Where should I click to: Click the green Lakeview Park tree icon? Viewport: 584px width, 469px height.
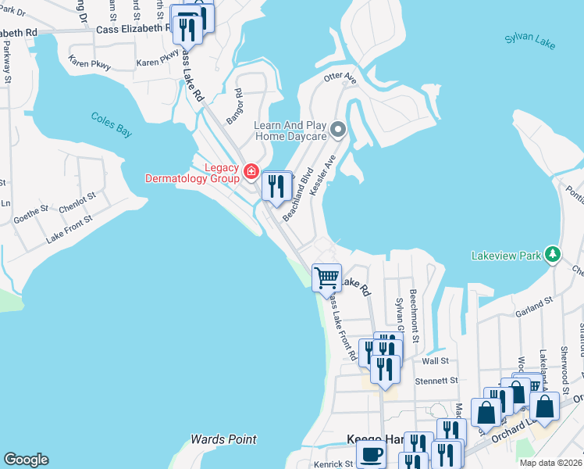[553, 255]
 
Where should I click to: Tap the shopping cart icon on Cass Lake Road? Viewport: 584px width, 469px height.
[326, 277]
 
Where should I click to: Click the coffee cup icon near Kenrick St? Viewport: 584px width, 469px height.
[372, 456]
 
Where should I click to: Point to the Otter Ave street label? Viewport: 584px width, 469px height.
[340, 78]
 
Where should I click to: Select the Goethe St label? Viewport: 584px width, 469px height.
[30, 209]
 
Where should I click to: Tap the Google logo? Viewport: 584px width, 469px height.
[26, 460]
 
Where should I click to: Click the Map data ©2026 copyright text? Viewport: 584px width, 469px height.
[550, 463]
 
